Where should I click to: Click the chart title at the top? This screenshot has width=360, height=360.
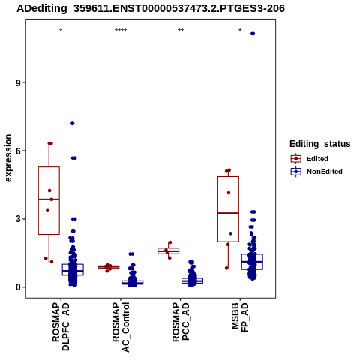[151, 8]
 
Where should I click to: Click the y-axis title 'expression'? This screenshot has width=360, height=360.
[8, 158]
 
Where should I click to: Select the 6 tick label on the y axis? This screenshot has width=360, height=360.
[18, 151]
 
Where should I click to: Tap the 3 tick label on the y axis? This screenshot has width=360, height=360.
[18, 219]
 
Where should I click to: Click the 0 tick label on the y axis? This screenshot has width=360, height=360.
[18, 287]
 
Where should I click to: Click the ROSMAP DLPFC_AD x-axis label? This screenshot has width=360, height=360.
[61, 326]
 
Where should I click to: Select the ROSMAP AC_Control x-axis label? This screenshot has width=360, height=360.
[121, 327]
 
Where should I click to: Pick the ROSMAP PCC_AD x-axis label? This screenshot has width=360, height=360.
[181, 322]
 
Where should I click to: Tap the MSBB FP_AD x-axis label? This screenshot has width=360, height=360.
[240, 317]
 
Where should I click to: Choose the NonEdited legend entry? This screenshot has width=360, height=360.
[316, 172]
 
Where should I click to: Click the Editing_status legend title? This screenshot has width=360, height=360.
[320, 144]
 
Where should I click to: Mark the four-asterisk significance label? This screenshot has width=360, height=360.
[121, 31]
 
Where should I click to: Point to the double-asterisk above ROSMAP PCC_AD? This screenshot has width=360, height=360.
[181, 31]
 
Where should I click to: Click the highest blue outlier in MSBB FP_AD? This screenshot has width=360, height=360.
[253, 34]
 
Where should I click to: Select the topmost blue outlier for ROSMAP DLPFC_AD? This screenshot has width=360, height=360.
[73, 124]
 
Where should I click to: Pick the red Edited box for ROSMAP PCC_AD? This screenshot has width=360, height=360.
[168, 250]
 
